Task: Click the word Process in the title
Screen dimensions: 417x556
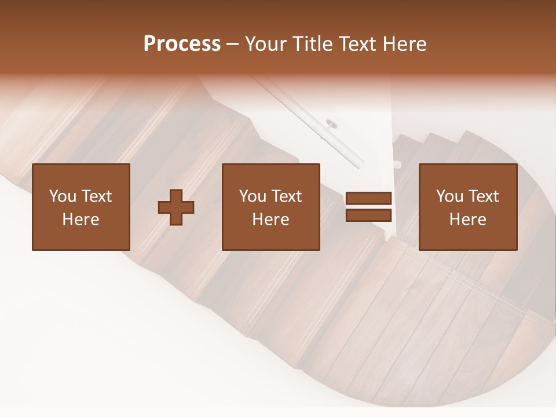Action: pos(182,44)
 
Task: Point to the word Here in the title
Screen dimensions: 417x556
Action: pos(405,44)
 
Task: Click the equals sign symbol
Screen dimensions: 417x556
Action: pos(368,207)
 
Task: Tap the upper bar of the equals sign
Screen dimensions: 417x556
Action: pos(368,199)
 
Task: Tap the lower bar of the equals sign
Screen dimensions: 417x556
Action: pos(368,215)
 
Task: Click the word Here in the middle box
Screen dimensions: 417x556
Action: pos(271,220)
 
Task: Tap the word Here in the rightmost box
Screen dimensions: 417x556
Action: pos(468,220)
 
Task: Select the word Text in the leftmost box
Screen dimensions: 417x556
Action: pos(96,196)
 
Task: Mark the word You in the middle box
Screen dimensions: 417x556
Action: pos(253,196)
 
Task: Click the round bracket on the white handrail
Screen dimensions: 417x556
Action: pos(332,123)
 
